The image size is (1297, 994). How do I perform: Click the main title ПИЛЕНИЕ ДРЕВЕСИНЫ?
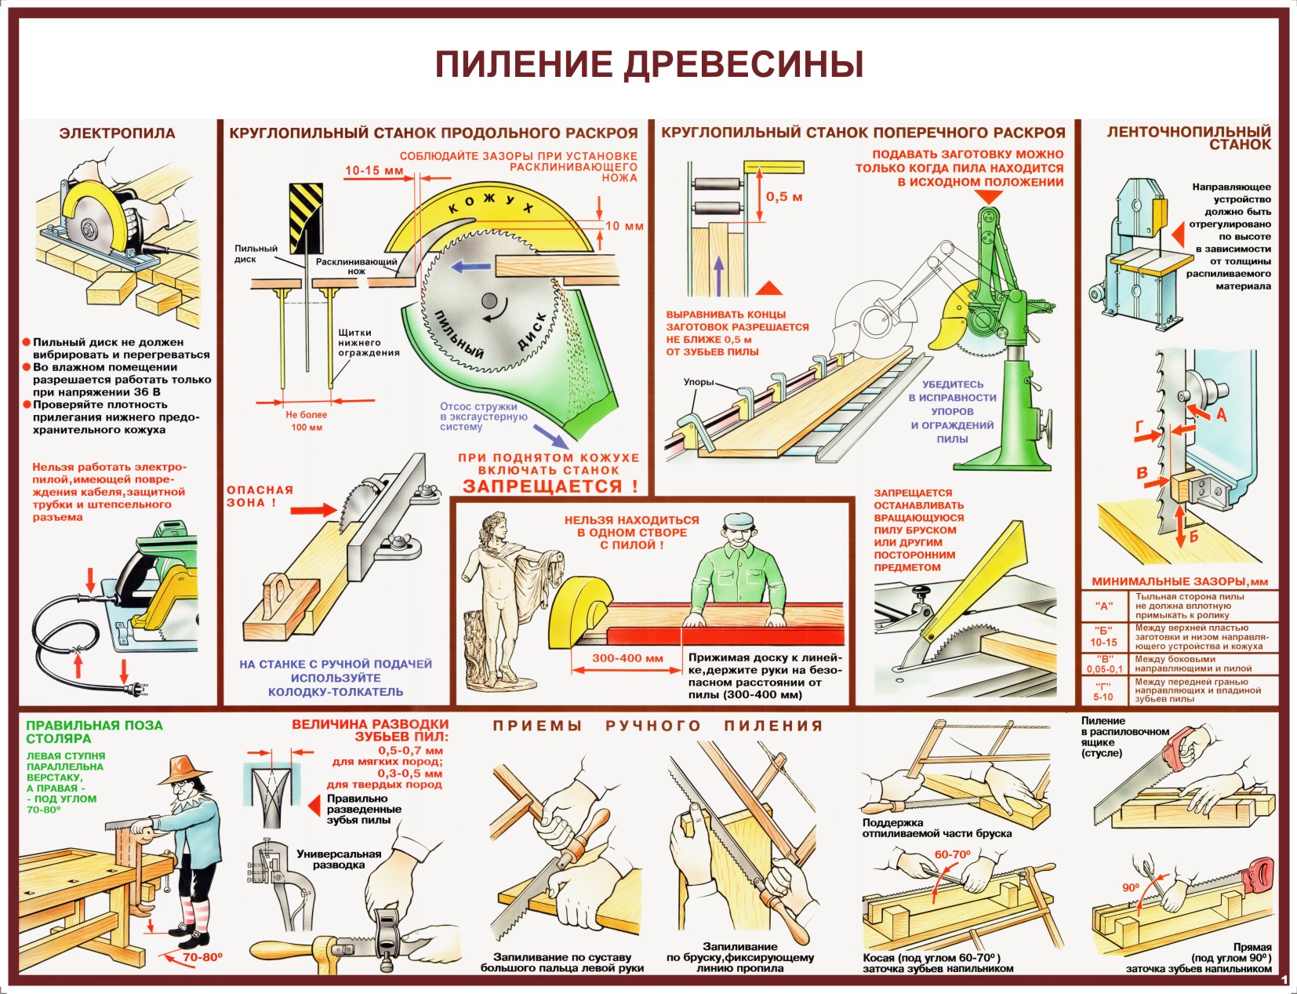click(x=649, y=64)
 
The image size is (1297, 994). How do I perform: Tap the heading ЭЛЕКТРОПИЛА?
click(x=118, y=133)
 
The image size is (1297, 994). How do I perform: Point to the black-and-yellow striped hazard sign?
click(x=306, y=218)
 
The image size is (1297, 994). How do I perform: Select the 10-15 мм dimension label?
click(x=374, y=170)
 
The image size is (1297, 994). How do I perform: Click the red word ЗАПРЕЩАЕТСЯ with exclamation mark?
click(x=550, y=486)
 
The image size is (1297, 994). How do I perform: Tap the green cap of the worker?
click(x=738, y=521)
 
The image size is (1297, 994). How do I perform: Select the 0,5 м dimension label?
click(x=784, y=197)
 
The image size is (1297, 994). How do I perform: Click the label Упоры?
click(x=699, y=382)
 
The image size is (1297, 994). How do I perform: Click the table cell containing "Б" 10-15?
click(x=1103, y=636)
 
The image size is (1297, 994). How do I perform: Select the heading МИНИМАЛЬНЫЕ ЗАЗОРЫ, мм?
click(x=1179, y=581)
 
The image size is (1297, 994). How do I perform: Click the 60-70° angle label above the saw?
click(x=952, y=854)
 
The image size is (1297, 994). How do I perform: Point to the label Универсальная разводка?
click(x=339, y=859)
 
